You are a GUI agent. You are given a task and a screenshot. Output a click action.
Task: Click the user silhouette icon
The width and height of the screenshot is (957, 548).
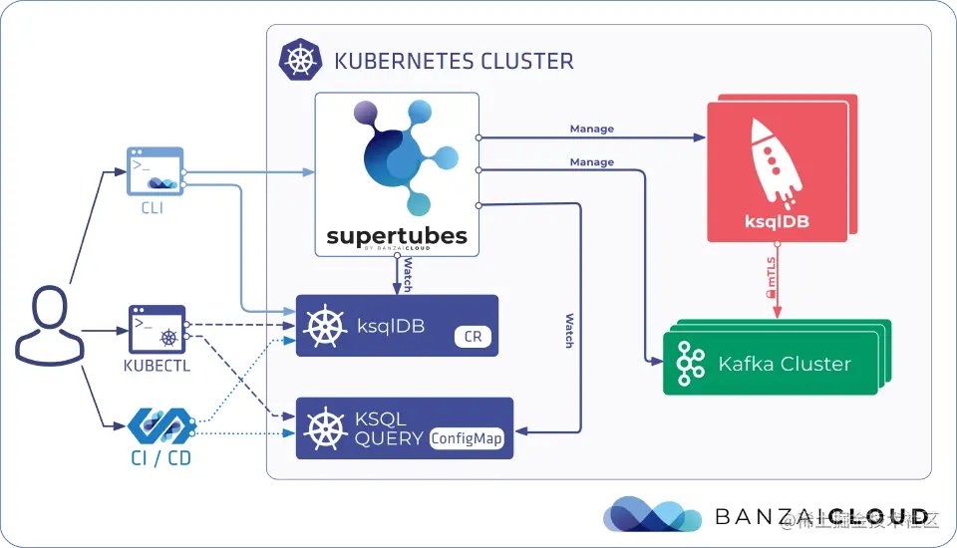click(x=46, y=324)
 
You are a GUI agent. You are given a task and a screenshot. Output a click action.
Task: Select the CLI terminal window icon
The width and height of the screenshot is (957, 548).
click(x=157, y=169)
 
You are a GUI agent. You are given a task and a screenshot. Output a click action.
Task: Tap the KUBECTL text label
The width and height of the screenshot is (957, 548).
click(x=158, y=365)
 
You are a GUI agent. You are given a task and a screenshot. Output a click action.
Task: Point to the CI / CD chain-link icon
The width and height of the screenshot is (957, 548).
click(x=159, y=425)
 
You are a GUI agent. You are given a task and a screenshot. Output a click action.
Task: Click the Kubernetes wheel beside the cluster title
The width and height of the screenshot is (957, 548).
click(x=298, y=60)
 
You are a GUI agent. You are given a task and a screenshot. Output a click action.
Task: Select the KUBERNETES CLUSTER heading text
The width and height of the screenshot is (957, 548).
click(x=455, y=61)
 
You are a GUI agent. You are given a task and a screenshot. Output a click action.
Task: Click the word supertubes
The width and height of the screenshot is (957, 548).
click(x=397, y=236)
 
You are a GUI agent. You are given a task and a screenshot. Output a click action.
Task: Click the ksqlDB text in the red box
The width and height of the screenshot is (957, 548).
click(x=777, y=221)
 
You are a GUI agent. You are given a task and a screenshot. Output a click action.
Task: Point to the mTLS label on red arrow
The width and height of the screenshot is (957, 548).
click(x=771, y=284)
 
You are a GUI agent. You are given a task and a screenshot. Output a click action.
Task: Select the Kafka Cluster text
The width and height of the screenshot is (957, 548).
click(x=785, y=364)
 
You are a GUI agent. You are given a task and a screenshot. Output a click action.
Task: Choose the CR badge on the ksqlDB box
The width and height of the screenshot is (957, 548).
click(x=473, y=337)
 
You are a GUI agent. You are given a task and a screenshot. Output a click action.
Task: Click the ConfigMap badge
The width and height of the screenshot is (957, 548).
click(x=468, y=438)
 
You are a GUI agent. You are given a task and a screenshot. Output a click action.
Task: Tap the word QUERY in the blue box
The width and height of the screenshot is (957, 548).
click(x=389, y=438)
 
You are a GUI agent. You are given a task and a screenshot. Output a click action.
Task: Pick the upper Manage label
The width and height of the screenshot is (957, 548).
click(x=591, y=129)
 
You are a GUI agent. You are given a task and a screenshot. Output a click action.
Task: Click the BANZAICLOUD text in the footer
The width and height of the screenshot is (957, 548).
click(x=821, y=516)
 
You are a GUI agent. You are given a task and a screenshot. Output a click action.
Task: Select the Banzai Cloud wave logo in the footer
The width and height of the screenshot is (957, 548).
click(x=652, y=514)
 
